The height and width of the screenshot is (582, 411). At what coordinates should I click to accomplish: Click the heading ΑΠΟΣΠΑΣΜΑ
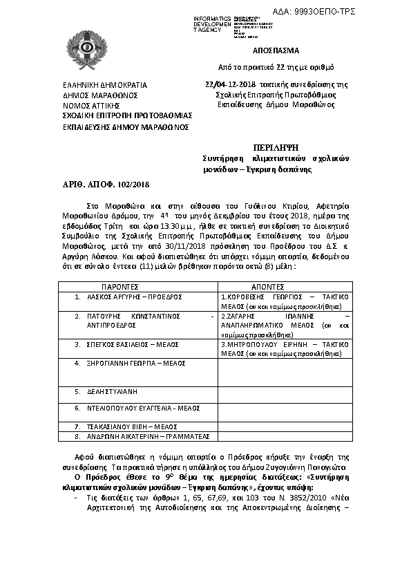275,50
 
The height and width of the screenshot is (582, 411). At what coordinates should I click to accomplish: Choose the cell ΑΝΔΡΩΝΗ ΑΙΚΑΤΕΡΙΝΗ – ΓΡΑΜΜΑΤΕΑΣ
142,437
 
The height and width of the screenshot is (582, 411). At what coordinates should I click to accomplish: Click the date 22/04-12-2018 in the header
231,84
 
